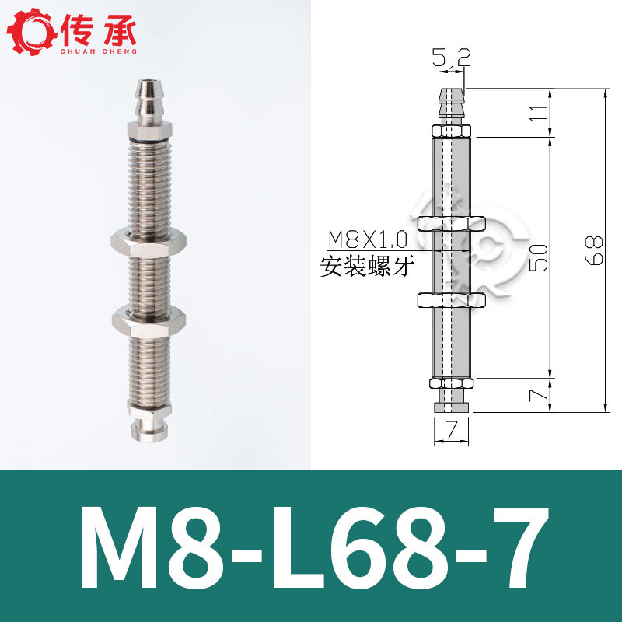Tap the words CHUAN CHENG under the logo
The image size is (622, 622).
tap(99, 51)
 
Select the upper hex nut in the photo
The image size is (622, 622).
tap(149, 243)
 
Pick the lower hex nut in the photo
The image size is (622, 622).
tap(149, 321)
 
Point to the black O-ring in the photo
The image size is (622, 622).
tap(149, 140)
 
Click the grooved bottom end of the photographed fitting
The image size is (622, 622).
tap(149, 428)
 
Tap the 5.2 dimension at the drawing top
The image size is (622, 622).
tap(452, 58)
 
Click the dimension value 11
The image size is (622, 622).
tap(540, 113)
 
